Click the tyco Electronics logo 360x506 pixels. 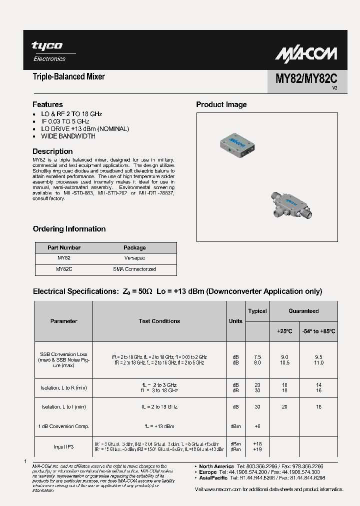tap(48, 51)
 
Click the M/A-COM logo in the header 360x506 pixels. tap(306, 53)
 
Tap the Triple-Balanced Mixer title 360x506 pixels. tap(68, 77)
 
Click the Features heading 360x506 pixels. tap(47, 104)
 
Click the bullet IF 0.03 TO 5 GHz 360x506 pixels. tap(65, 121)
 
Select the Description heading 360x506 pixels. tap(52, 151)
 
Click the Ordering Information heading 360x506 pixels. tap(69, 229)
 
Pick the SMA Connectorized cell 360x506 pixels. tap(134, 269)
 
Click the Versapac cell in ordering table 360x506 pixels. tap(134, 258)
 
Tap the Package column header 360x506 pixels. tap(134, 247)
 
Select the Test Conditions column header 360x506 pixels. tap(159, 321)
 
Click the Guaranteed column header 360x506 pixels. tap(303, 311)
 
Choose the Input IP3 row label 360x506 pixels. tap(63, 446)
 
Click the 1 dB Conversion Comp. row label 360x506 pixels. tap(63, 426)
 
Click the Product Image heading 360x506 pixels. tap(221, 104)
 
